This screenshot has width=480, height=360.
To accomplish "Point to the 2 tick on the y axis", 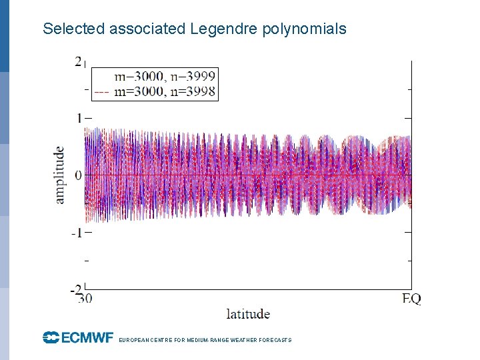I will tap(78, 61).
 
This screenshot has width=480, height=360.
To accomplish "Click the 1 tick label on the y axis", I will tap(79, 118).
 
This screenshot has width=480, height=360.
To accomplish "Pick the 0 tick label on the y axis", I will tap(79, 175).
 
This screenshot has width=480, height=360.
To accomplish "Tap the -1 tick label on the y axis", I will tap(77, 233).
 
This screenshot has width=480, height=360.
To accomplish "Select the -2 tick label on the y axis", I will tap(77, 290).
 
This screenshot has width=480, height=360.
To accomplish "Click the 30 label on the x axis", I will tap(84, 299).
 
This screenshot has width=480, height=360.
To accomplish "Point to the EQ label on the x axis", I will tap(411, 299).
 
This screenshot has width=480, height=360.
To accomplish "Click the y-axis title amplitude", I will tap(60, 175).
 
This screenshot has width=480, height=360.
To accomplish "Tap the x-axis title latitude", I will tap(248, 313).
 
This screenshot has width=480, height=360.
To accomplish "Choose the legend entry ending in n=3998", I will tap(165, 91).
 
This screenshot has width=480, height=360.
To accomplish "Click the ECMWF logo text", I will tap(87, 338).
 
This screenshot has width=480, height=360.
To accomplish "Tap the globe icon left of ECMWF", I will tap(51, 338).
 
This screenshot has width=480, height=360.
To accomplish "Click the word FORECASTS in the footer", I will tap(274, 340).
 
